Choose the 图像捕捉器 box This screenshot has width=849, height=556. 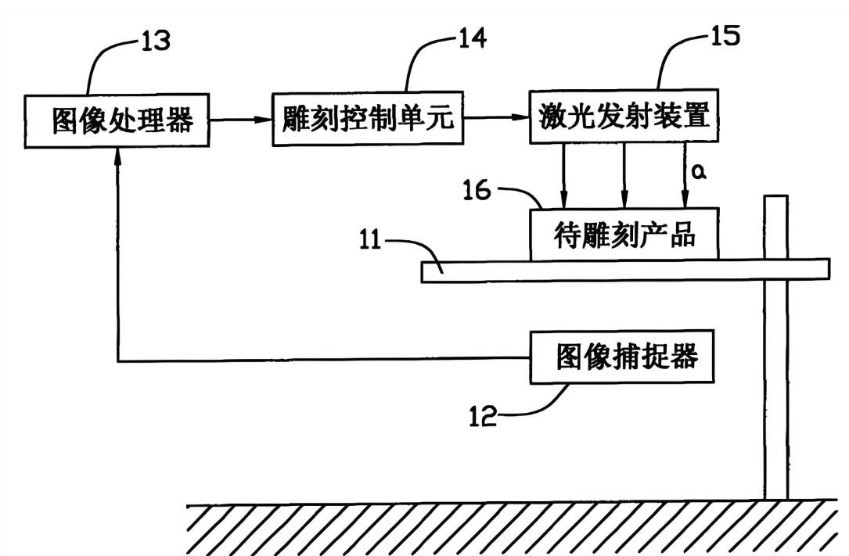tap(624, 357)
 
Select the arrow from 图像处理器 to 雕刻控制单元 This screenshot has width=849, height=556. tap(241, 120)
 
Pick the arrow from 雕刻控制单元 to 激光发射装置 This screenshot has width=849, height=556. tap(497, 119)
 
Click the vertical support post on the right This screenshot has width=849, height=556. tap(776, 391)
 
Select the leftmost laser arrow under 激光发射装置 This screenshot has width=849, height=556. tap(562, 176)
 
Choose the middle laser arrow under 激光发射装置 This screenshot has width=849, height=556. tap(624, 176)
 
